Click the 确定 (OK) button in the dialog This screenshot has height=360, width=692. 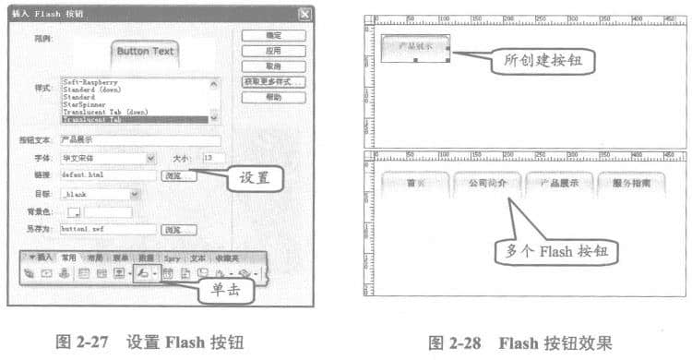(x=274, y=35)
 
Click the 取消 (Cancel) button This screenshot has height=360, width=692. (x=274, y=66)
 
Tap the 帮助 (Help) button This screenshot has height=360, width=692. (x=274, y=97)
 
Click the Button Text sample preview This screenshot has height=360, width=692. (x=144, y=51)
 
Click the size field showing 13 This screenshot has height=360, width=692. (x=211, y=158)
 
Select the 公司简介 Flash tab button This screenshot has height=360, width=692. (x=486, y=183)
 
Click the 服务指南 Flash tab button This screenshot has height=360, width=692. (x=632, y=183)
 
